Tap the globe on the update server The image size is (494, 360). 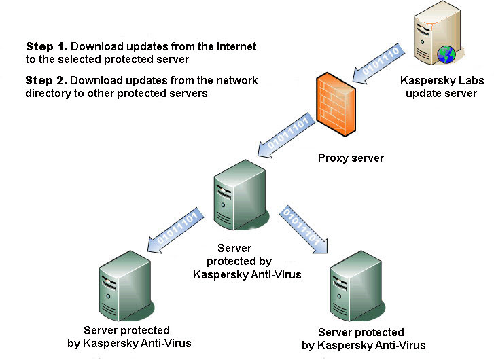[446, 54]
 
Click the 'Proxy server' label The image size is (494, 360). [351, 158]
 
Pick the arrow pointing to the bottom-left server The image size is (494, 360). [175, 232]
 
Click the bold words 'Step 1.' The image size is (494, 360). [47, 47]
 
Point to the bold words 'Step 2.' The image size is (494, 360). [47, 80]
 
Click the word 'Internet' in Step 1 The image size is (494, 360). [235, 47]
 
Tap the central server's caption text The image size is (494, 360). [232, 262]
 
